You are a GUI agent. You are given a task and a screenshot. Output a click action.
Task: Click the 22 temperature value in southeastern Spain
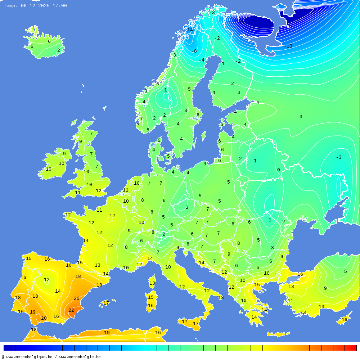71,310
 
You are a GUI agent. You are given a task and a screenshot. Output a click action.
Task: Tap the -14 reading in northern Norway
189,30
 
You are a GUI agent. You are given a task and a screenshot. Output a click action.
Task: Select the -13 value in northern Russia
288,46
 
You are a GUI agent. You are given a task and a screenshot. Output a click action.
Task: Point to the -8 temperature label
194,51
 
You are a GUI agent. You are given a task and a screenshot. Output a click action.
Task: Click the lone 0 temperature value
278,170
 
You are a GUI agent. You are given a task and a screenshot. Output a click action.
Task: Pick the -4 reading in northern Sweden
202,60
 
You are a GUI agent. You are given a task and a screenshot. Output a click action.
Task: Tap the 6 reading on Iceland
49,41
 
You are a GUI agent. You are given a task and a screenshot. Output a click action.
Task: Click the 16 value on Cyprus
345,320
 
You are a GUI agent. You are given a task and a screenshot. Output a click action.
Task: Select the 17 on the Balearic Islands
106,303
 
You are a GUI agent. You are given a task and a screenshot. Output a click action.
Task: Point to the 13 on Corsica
152,283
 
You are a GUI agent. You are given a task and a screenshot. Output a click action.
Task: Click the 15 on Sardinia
151,297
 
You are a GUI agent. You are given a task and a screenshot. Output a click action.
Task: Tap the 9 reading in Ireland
64,154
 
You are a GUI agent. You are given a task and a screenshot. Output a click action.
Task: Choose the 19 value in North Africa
107,333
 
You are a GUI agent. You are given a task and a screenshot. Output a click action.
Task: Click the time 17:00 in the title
59,6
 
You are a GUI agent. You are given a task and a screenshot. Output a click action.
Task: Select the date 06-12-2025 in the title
35,6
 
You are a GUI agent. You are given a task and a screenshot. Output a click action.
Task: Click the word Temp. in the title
10,6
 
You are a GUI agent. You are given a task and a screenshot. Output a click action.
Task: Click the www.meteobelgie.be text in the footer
80,357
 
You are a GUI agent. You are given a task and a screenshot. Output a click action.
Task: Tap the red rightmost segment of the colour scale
351,348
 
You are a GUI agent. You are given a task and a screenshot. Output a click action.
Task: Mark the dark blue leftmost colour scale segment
9,348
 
